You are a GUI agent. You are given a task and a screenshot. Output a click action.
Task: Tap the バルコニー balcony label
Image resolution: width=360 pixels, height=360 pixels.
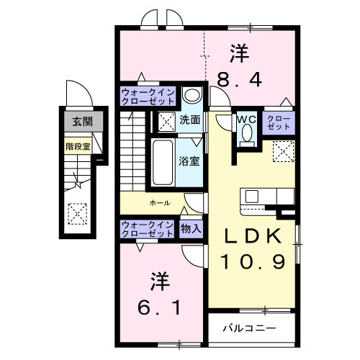[x=248, y=328]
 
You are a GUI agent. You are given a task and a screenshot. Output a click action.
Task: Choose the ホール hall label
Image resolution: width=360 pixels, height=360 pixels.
[x=160, y=203]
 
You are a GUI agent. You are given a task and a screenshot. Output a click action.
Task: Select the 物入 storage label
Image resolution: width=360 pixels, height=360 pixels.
[x=191, y=229]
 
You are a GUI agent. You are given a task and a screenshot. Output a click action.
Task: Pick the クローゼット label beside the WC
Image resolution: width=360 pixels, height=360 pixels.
[x=278, y=122]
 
